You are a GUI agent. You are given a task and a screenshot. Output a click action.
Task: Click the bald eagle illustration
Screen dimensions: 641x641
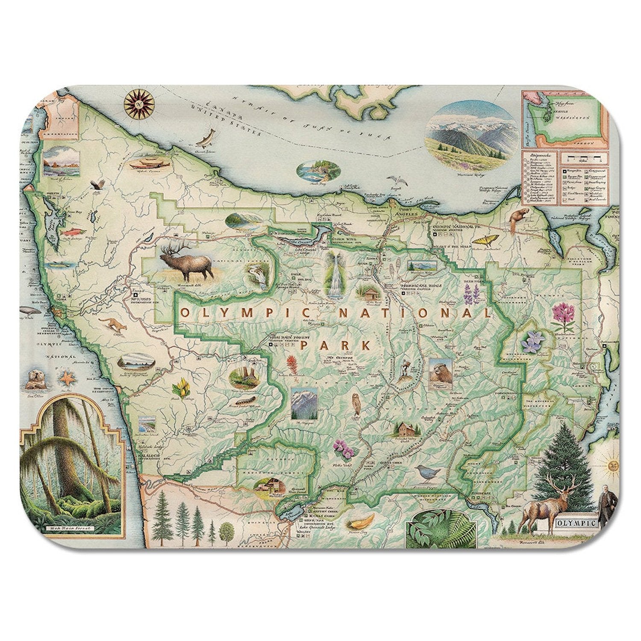(97, 185)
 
